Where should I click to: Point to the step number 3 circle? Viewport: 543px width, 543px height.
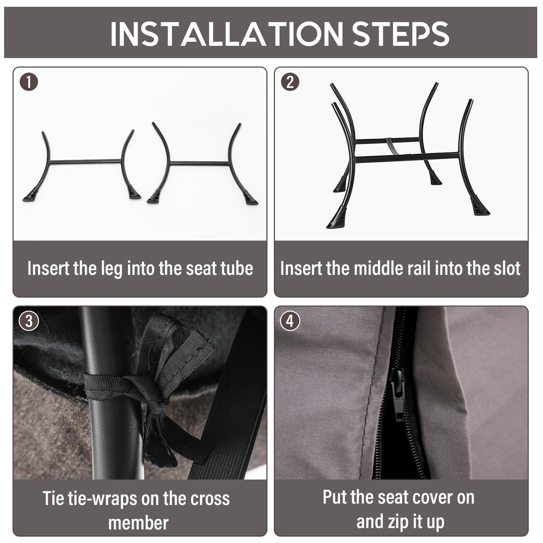pos(29,321)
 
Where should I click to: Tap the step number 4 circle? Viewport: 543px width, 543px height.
pos(290,321)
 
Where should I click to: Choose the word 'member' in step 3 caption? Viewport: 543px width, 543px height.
pos(138,523)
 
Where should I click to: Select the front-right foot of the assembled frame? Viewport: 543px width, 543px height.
pos(481,208)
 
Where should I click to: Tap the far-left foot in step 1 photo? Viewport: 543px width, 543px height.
pos(30,195)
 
